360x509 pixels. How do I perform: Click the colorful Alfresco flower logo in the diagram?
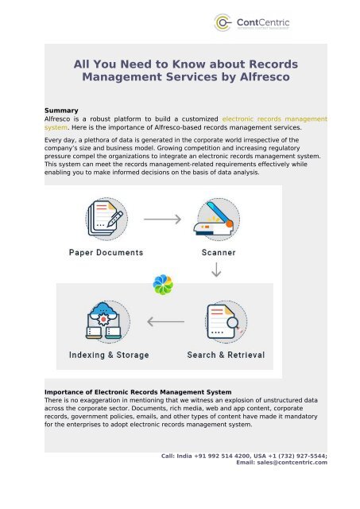point(162,283)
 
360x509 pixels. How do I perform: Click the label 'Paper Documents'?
point(106,253)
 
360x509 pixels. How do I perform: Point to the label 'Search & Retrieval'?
point(225,355)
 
